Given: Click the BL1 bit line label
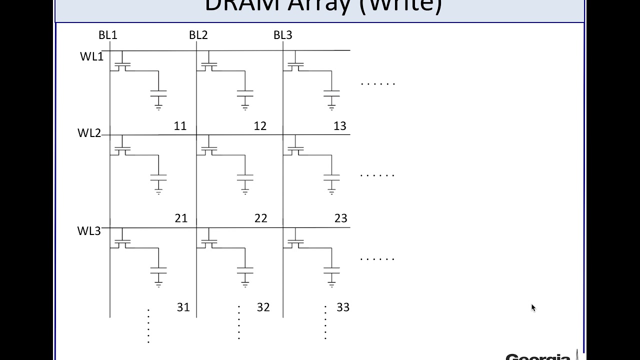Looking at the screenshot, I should pos(107,35).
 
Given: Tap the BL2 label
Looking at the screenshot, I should pos(198,35).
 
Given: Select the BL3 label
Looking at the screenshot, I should pos(282,35).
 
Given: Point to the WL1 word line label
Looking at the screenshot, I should pos(91,56).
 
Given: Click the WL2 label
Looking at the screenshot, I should pos(89,133).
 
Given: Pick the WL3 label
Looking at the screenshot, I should pos(89,231).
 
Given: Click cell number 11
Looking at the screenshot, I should pos(180,126).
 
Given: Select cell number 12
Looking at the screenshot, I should pos(260,126).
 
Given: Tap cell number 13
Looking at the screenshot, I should pos(340,126).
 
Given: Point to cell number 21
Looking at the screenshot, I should pos(181,218).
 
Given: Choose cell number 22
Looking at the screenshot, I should pos(261,218).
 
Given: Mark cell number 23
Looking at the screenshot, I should pos(341,218).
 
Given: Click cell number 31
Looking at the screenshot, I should pos(183,307).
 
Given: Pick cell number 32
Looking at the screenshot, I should pos(263,307).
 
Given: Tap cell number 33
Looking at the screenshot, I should pos(343,307).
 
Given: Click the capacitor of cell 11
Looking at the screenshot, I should pos(158,93).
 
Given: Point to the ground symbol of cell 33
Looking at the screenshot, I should pos(331,283).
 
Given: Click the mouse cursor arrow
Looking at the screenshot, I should pos(533,307).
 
